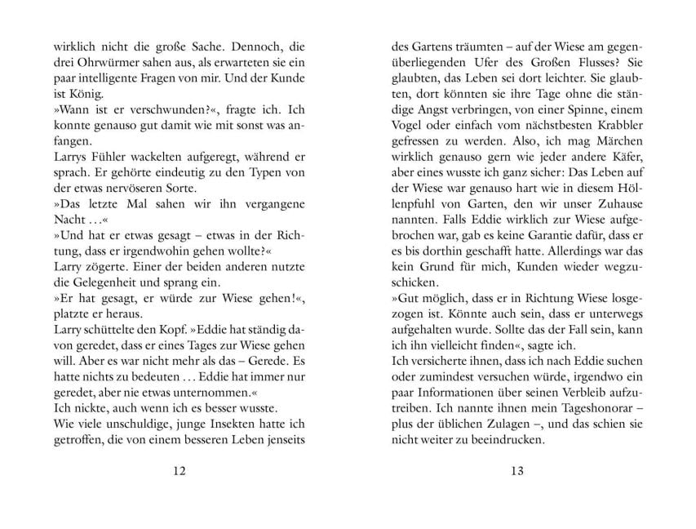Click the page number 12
(180, 470)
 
